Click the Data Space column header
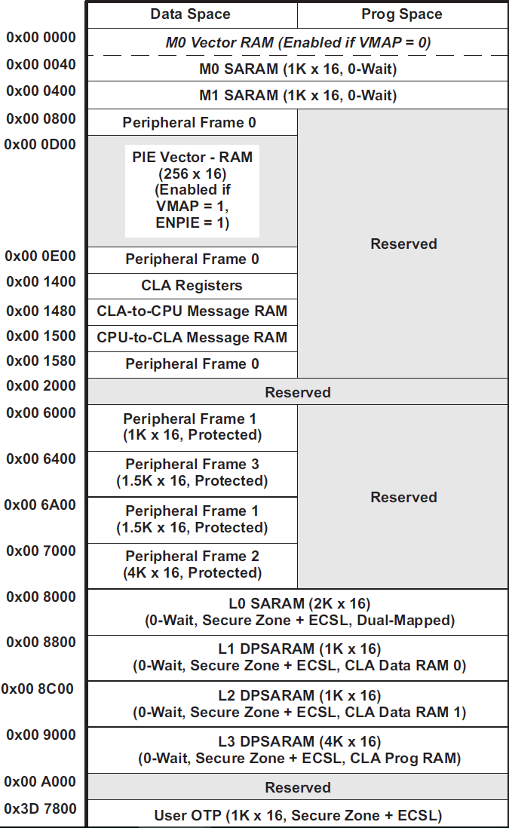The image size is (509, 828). pos(191,14)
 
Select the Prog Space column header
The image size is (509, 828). pos(402,14)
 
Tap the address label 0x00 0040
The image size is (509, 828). pos(41,65)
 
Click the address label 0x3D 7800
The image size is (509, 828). pos(41,809)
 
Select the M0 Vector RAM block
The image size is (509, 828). pos(298,42)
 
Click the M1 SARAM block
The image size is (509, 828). pos(298,96)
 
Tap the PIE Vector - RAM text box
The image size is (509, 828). pos(192,190)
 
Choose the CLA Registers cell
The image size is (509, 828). pos(192,286)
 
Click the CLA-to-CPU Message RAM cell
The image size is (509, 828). pos(192,311)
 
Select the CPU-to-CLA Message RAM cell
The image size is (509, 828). pos(192,338)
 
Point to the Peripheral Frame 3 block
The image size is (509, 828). pos(192,473)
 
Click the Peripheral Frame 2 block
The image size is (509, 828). pos(192,565)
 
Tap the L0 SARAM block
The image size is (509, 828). pos(298,612)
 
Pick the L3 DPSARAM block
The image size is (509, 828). pos(298,750)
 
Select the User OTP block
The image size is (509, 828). pos(298,815)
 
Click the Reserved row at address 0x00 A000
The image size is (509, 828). pos(298,787)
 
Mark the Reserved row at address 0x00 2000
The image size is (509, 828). pos(298,392)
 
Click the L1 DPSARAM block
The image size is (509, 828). pos(298,658)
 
